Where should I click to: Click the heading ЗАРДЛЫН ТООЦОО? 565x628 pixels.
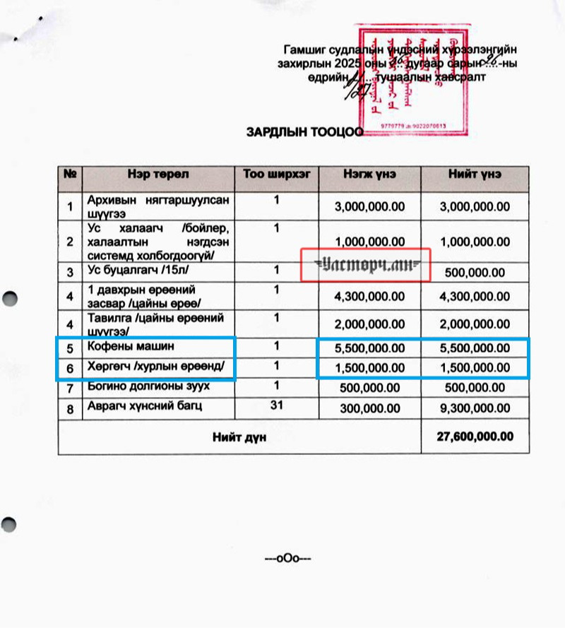point(304,131)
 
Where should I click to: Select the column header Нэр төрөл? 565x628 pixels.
point(158,174)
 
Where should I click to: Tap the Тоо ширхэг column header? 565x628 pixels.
point(276,174)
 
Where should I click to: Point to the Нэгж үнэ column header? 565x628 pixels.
point(369,174)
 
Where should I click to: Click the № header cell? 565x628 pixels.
point(70,174)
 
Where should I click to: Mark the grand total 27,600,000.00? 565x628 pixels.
point(475,437)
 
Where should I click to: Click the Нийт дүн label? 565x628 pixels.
point(239,437)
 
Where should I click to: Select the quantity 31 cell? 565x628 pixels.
point(276,405)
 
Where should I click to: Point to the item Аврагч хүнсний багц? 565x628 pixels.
point(144,406)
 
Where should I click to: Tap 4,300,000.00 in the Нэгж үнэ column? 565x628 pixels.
point(369,297)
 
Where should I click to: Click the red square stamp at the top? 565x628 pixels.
point(412,81)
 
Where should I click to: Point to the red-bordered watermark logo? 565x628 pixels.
point(366,265)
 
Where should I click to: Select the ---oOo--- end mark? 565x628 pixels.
point(287,559)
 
